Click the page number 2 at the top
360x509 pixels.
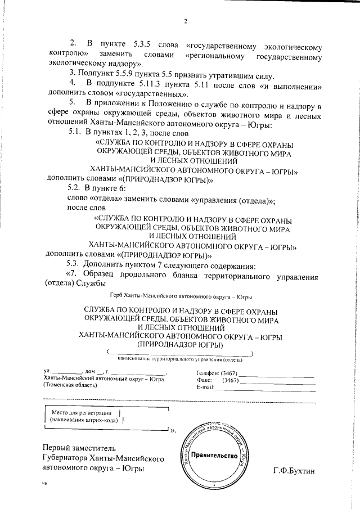coord(185,22)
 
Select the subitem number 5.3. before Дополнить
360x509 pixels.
coord(74,265)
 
